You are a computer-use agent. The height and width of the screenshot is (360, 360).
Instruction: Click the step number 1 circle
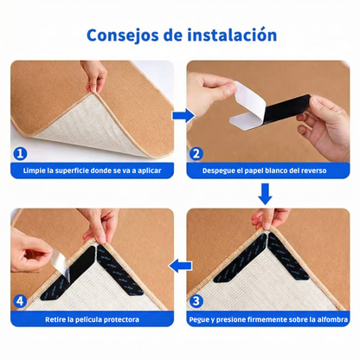pos(20,154)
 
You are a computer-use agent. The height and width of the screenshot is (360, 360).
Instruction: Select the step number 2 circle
pos(196,154)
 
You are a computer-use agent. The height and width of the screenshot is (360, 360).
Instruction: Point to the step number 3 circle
pos(196,301)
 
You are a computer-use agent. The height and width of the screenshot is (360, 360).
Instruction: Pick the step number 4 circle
pos(20,301)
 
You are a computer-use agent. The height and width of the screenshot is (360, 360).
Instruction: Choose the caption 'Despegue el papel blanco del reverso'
pos(266,171)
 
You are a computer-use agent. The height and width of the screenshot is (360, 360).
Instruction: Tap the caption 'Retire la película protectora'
pos(91,318)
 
